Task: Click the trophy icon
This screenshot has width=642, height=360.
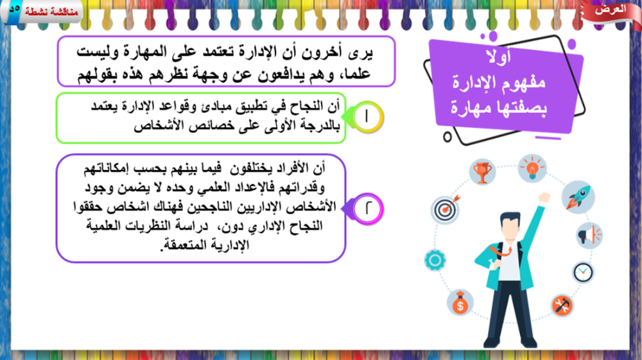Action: pos(482,172)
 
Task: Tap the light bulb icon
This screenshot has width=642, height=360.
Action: pos(532,168)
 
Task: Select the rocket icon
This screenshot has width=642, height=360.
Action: pos(578,197)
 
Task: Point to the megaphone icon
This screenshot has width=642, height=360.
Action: pos(589,236)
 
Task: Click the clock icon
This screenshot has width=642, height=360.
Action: pos(583,273)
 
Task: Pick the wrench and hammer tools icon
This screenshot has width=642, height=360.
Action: pos(562,305)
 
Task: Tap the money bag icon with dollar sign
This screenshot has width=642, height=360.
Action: pos(460,303)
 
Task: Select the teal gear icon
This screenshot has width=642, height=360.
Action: pos(435,260)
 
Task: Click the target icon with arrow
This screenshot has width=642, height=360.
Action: pos(446,209)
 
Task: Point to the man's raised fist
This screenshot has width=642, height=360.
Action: pos(544,198)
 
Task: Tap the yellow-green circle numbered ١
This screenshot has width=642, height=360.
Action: pos(367,117)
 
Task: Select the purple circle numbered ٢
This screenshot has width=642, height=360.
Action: pos(367,209)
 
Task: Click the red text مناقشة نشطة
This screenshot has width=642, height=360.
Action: pos(51,12)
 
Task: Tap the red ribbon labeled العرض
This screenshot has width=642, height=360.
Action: pos(611,11)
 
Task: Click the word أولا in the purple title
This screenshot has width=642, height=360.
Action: pos(498,56)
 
